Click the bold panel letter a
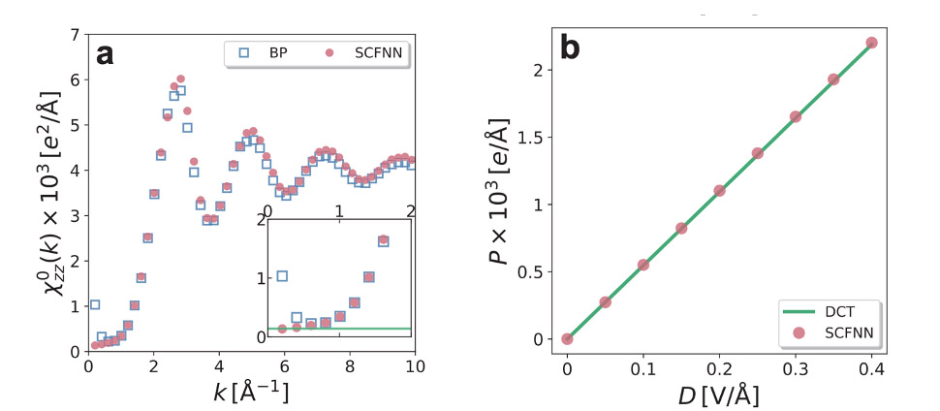(106, 53)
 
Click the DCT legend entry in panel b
(835, 312)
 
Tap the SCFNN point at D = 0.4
(871, 43)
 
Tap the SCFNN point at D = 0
(567, 338)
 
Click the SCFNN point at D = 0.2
(719, 191)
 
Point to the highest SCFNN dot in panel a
(180, 79)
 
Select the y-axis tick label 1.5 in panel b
(534, 137)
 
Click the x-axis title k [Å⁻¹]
(251, 393)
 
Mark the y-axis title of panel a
(50, 192)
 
